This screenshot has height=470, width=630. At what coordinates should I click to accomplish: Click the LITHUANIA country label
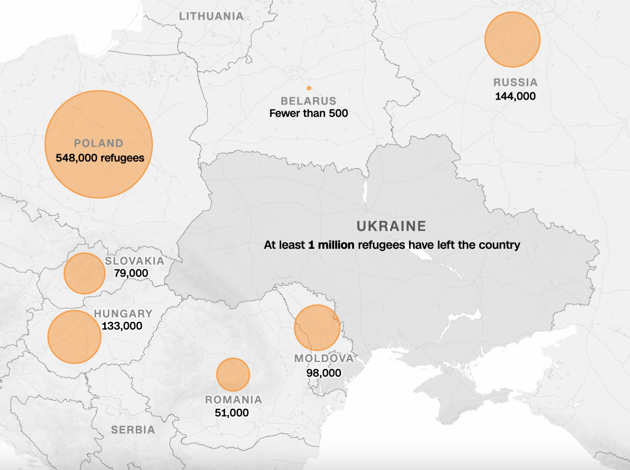[211, 16]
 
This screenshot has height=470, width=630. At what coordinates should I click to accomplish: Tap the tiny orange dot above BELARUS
[309, 88]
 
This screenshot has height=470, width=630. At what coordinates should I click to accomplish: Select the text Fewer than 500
[308, 113]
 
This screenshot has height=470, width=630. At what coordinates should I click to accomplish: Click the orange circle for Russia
[512, 39]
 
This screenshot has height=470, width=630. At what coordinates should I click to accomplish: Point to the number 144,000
[515, 96]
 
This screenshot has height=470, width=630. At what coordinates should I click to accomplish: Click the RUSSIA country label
[515, 83]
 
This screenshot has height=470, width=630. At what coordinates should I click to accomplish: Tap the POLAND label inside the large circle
[98, 143]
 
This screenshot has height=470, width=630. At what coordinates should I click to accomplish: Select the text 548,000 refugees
[100, 158]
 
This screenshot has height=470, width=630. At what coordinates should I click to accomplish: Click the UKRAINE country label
[391, 226]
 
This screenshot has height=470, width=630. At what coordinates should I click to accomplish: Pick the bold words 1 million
[331, 245]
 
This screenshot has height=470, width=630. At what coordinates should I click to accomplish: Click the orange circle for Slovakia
[84, 273]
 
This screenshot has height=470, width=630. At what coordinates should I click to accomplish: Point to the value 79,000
[131, 273]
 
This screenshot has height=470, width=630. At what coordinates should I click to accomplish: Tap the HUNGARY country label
[123, 314]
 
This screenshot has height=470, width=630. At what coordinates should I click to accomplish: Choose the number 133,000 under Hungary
[122, 326]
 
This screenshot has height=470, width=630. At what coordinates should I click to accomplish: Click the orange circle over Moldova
[317, 328]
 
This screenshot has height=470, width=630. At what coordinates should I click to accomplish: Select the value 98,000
[324, 373]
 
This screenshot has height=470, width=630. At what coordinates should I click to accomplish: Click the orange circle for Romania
[233, 374]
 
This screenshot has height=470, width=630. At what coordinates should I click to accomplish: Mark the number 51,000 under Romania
[232, 413]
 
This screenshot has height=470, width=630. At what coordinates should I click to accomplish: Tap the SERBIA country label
[133, 430]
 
